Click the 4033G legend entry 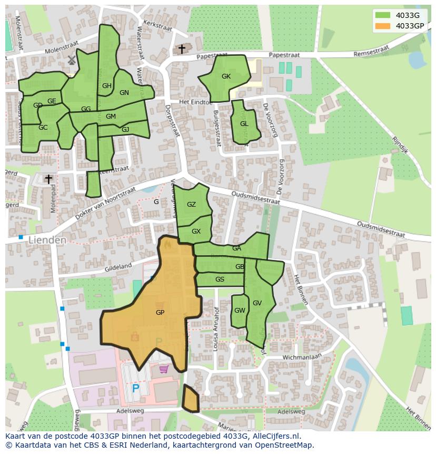(407, 15)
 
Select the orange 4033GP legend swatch (383, 26)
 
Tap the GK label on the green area (226, 76)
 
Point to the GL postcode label (244, 124)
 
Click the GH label (107, 86)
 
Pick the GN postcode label (124, 93)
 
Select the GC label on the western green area (43, 128)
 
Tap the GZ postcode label (191, 205)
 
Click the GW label (240, 311)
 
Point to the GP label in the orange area (160, 313)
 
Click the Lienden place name (47, 240)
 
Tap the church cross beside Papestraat (182, 49)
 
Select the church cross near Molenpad (48, 179)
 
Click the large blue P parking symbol (135, 389)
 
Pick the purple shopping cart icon (164, 369)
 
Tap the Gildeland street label (117, 267)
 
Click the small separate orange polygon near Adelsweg (190, 399)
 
